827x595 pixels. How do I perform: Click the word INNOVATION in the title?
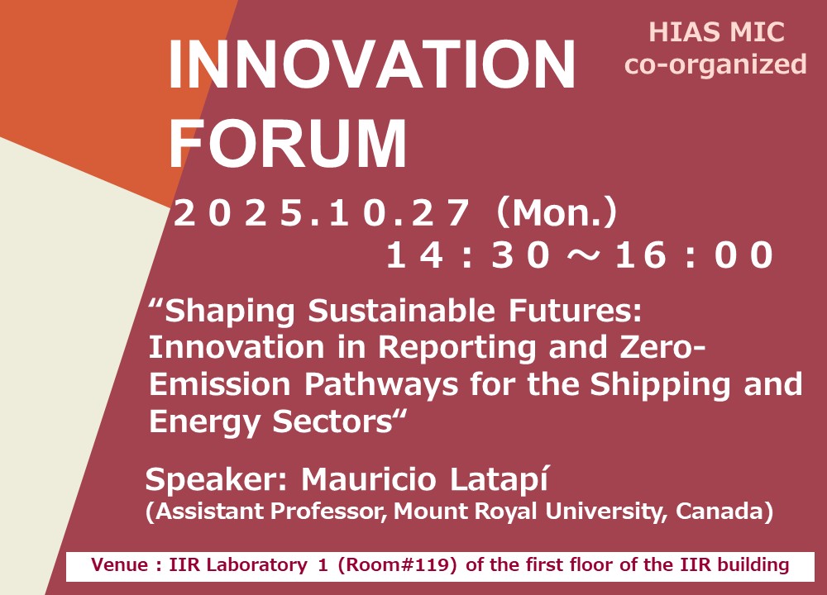click(372, 64)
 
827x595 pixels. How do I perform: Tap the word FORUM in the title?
click(288, 143)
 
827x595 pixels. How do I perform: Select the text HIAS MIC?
click(716, 31)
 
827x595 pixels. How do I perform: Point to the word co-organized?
click(715, 64)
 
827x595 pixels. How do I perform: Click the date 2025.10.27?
click(321, 213)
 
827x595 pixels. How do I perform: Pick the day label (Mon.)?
click(557, 213)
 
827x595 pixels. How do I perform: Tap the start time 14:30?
click(468, 255)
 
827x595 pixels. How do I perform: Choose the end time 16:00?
click(694, 255)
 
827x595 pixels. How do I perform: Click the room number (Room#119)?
click(397, 565)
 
